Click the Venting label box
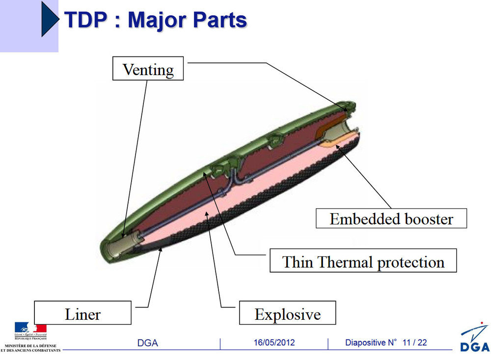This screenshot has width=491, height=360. [148, 69]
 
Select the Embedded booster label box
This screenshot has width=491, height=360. [391, 219]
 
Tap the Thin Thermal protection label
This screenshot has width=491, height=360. [363, 262]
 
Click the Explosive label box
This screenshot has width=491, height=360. [288, 313]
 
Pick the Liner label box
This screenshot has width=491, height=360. [82, 313]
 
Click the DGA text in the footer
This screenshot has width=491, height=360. [147, 343]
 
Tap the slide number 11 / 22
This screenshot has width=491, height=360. [415, 342]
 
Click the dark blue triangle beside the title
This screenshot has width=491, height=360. [50, 18]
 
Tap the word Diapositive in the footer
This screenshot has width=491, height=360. [368, 342]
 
